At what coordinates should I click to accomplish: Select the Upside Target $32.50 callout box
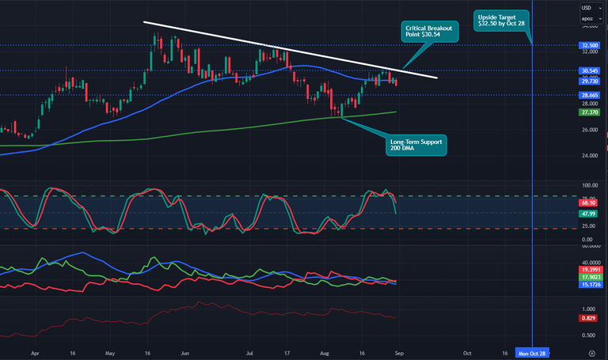(502, 21)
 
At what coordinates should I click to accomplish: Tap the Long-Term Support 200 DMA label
(417, 145)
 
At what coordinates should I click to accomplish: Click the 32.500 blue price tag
(590, 46)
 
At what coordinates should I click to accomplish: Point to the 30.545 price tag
(590, 70)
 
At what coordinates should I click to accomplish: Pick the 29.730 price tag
(590, 81)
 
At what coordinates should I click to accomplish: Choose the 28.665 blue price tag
(590, 95)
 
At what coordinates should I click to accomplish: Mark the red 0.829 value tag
(589, 317)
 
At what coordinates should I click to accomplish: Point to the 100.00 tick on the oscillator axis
(589, 186)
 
